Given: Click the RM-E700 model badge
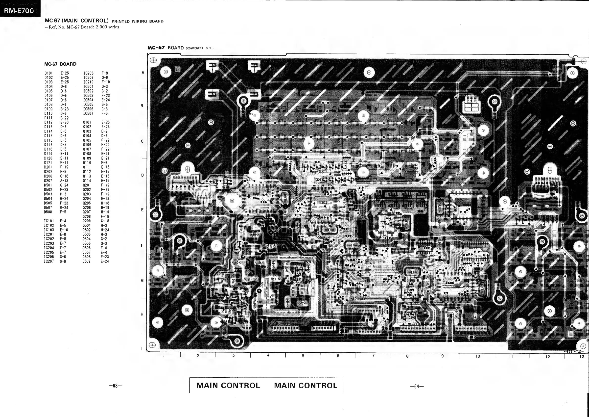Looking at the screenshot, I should tap(19, 11).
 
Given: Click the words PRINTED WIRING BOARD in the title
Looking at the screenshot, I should tap(138, 21).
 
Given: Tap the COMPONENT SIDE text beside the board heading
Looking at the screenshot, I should tap(200, 48).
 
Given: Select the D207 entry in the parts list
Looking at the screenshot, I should tap(48, 181).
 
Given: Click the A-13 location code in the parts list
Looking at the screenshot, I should tap(64, 181).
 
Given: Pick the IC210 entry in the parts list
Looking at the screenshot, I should tap(88, 82).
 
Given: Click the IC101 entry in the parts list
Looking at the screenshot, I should tap(49, 221).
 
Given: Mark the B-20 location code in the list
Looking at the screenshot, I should tap(64, 122).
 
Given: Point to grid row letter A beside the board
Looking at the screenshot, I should tap(143, 73).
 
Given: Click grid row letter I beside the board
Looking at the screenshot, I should tap(141, 348).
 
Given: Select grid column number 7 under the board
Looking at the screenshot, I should tap(373, 355).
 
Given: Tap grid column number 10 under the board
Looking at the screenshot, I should tap(478, 356).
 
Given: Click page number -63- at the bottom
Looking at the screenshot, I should tap(116, 386).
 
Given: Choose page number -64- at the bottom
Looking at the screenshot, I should tap(417, 386).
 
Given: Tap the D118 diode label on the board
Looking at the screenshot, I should tap(305, 162).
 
